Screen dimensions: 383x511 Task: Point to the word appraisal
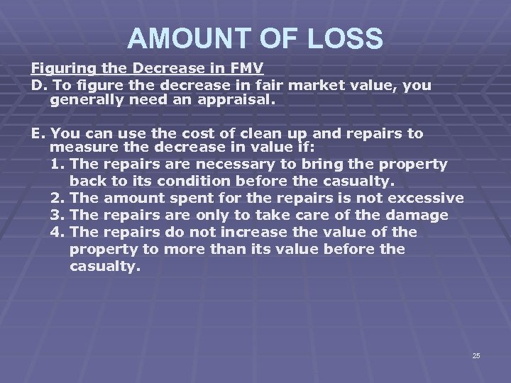point(233,101)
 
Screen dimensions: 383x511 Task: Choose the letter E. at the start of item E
point(37,133)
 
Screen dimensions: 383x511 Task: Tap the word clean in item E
point(255,133)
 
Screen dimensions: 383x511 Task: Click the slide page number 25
point(476,355)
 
